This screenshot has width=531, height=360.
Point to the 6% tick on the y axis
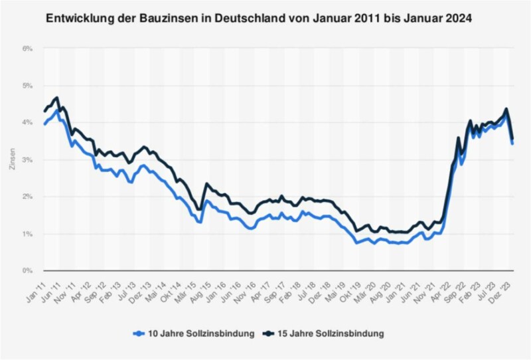(x=27, y=48)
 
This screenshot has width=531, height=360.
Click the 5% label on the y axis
(x=27, y=86)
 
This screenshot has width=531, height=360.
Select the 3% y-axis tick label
(x=27, y=160)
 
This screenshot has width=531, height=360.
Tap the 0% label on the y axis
(x=27, y=271)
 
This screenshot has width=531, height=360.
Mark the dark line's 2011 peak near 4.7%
(x=57, y=98)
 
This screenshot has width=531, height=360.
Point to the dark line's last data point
(x=512, y=139)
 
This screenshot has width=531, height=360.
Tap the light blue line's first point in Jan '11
(x=44, y=124)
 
